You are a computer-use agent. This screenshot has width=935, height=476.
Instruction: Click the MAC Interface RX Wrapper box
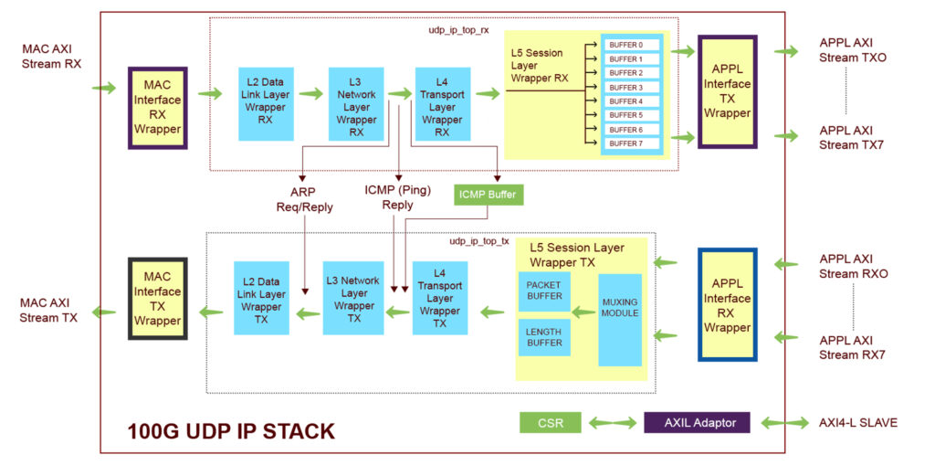[158, 108]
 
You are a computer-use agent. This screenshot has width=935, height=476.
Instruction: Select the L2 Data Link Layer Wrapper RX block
[266, 103]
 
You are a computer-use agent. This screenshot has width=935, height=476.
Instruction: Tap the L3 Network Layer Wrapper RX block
[356, 103]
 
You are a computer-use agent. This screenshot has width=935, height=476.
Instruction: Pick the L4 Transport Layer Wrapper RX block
[442, 103]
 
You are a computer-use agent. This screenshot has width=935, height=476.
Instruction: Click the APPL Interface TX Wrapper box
[727, 91]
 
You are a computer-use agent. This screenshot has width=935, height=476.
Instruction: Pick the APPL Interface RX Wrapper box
[727, 305]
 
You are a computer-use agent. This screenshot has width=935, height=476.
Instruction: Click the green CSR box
[550, 422]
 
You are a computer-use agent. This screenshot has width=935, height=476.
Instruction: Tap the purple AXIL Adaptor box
[699, 422]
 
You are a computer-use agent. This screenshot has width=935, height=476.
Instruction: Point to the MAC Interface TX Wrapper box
[158, 299]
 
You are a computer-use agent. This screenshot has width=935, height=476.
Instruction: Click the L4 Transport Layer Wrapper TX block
[439, 299]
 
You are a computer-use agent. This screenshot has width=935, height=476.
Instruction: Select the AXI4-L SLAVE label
[859, 422]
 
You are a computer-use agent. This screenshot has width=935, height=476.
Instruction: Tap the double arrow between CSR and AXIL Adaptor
[612, 422]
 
